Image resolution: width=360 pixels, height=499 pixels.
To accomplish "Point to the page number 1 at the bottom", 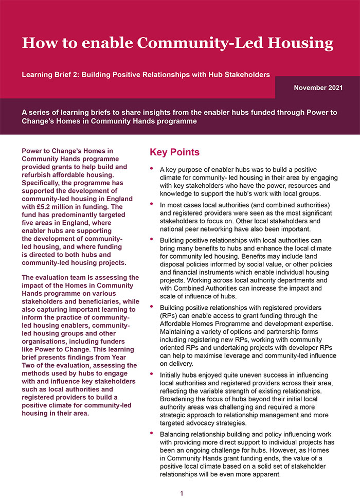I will coord(181,493).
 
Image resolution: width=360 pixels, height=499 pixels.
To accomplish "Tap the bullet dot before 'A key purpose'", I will coord(152,168).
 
